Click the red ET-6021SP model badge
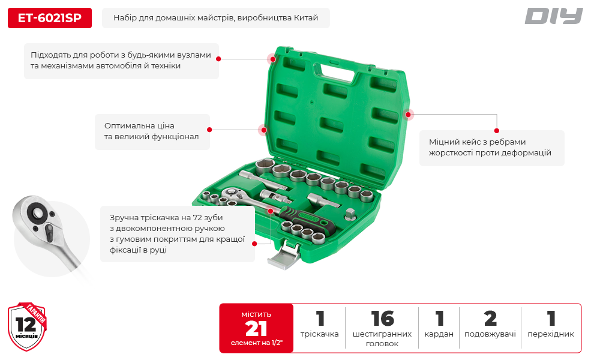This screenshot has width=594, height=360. click(x=50, y=18)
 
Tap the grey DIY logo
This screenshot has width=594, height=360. click(x=553, y=16)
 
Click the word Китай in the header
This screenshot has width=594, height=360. click(x=306, y=18)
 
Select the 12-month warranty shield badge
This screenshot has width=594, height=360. click(x=27, y=326)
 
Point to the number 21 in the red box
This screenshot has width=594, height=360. click(x=256, y=328)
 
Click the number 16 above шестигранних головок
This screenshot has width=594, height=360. click(x=382, y=319)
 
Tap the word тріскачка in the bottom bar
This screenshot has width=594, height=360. click(x=319, y=334)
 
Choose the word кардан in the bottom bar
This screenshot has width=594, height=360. click(x=439, y=334)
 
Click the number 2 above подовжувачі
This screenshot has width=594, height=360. click(x=490, y=319)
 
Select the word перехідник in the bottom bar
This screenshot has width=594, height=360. click(x=550, y=334)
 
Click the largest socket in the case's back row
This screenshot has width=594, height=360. click(x=265, y=167)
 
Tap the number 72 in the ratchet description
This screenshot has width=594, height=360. click(x=197, y=218)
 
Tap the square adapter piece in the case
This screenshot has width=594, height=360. click(x=351, y=214)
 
